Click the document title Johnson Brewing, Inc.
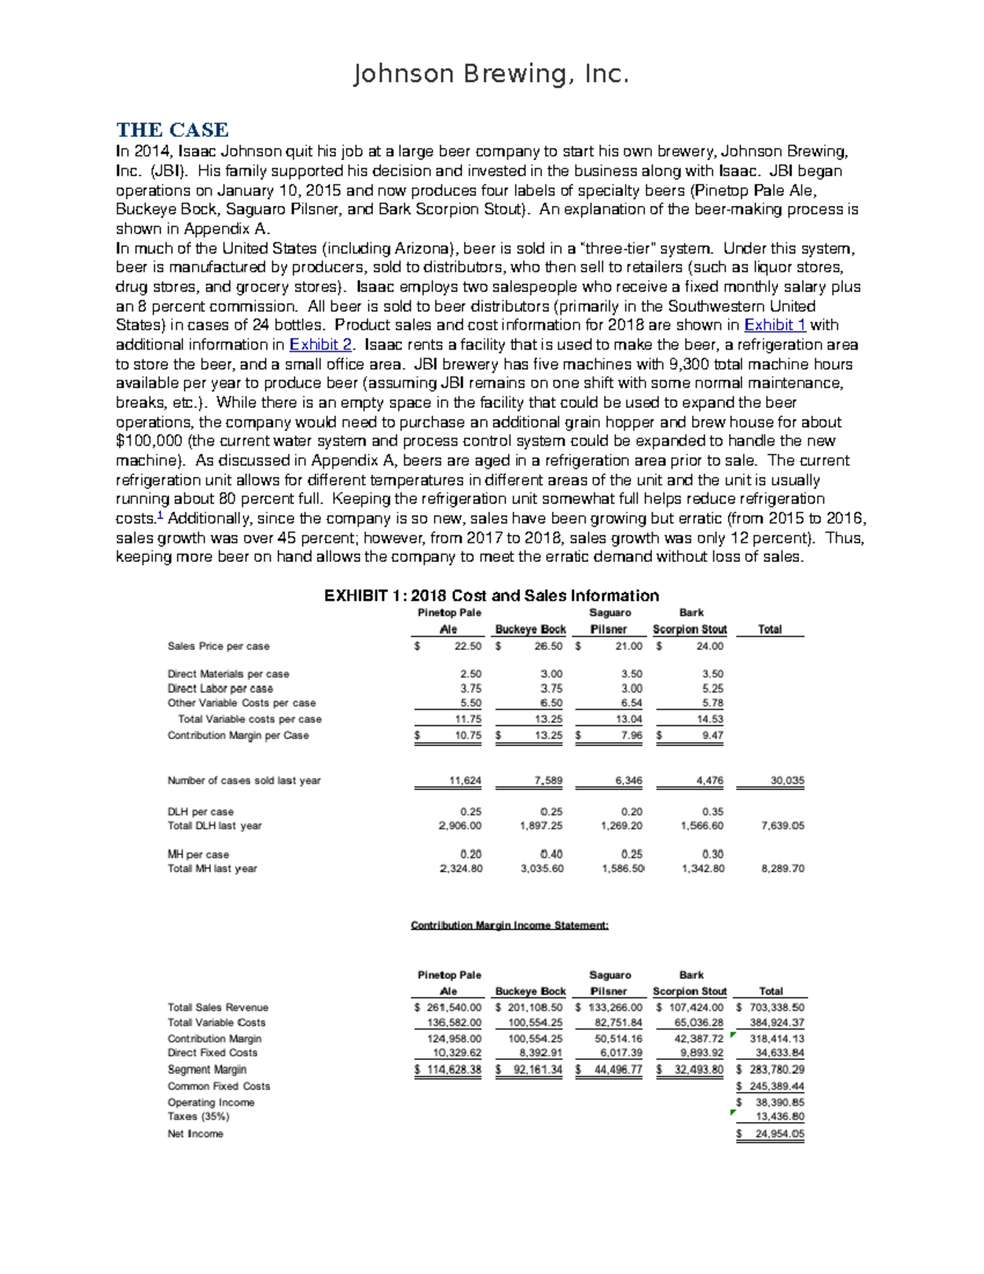490,75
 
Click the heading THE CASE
172,130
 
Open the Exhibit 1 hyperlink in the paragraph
774,325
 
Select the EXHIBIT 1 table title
491,596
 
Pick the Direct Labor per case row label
220,689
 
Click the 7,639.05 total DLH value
782,826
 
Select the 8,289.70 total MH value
782,869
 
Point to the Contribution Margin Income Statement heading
509,925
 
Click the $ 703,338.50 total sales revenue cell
772,1007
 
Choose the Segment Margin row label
207,1070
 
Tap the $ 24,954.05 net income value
772,1135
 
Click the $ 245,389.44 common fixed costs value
772,1086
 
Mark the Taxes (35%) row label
198,1116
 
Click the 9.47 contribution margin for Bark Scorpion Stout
713,736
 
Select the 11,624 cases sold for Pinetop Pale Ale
465,781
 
